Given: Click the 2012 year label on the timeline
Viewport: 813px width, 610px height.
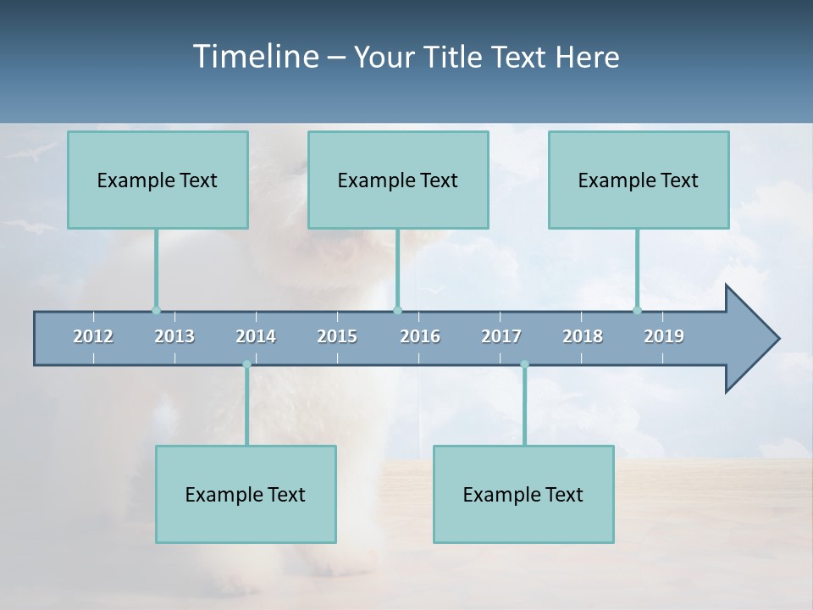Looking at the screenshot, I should click(x=93, y=336).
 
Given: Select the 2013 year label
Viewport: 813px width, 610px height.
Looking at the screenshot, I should click(x=174, y=336).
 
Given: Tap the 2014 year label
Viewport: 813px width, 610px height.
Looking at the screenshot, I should click(x=256, y=336).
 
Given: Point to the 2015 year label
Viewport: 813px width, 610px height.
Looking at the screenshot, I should click(x=337, y=336).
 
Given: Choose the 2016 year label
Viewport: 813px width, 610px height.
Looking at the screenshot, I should click(x=420, y=336).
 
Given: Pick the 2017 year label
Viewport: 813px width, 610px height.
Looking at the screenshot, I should click(x=501, y=336).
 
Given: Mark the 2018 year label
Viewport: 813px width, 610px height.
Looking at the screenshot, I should click(x=583, y=336).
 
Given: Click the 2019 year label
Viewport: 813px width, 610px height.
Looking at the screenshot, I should click(x=664, y=336).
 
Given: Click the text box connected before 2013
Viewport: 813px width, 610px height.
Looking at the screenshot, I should click(x=158, y=180).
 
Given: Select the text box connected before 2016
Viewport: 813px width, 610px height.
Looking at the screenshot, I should click(x=398, y=180).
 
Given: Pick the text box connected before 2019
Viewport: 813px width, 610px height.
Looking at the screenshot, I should click(x=639, y=180).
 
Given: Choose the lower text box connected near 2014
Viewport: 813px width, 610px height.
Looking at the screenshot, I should click(x=246, y=494).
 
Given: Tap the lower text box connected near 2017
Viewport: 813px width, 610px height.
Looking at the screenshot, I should click(x=523, y=494).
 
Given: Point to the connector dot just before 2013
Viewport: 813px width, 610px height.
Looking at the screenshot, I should click(x=156, y=310).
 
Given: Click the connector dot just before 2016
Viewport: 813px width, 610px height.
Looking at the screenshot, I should click(x=398, y=310).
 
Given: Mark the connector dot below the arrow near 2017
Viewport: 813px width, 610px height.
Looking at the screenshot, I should click(x=524, y=364).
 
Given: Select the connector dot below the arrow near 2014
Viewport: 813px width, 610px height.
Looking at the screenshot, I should click(x=246, y=364).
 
